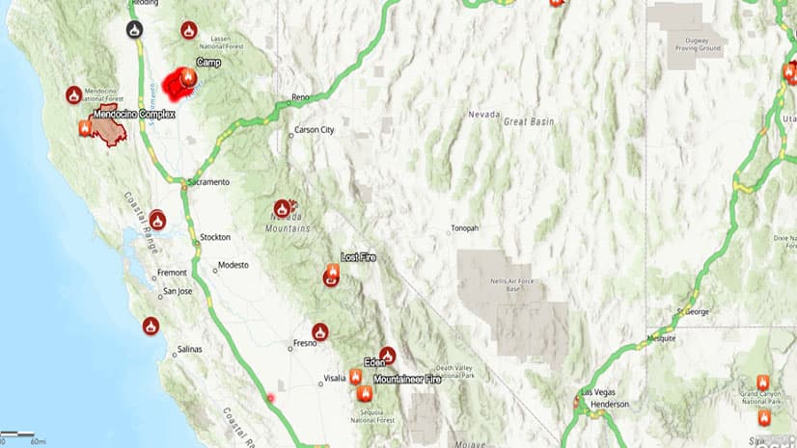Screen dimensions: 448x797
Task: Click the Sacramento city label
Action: tap(209, 182)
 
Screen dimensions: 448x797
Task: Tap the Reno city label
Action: tap(304, 98)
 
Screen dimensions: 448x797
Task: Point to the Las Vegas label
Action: tap(598, 393)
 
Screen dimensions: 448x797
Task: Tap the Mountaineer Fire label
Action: tap(406, 380)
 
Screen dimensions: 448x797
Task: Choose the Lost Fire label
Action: tap(358, 258)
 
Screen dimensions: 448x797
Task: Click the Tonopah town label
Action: tap(464, 228)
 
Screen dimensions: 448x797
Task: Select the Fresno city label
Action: tap(305, 343)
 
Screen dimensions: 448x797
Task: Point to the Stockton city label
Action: tap(214, 237)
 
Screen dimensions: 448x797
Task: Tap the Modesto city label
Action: tap(234, 265)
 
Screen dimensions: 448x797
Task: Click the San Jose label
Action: tap(177, 291)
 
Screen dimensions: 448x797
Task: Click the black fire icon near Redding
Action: tap(134, 29)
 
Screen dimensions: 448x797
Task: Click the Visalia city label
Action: tap(335, 379)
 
